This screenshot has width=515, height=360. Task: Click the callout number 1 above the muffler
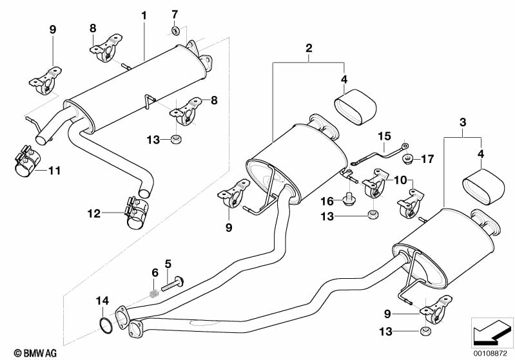pos(144,14)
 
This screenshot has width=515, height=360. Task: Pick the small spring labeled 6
pos(153,293)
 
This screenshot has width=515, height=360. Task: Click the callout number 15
pos(384,137)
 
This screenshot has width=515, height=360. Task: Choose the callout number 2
pos(309,48)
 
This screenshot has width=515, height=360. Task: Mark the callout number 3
pos(462,122)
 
